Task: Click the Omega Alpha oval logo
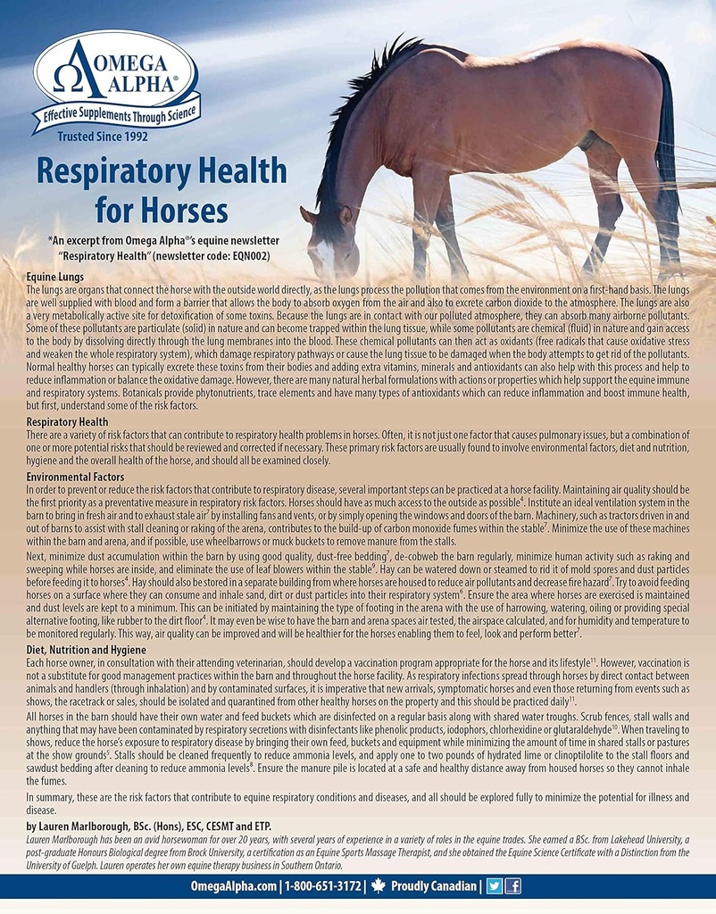point(116,71)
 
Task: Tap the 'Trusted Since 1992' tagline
point(103,137)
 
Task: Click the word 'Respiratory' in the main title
point(161,171)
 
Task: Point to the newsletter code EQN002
point(246,255)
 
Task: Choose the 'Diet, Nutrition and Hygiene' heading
point(86,651)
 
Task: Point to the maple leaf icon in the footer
point(378,886)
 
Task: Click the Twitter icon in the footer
point(495,886)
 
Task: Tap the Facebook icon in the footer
point(512,886)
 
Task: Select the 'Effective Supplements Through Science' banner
point(117,114)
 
